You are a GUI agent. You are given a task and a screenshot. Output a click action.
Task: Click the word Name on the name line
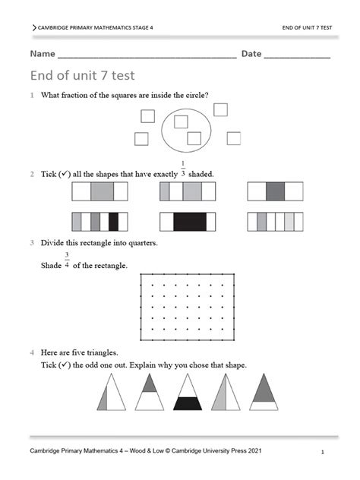pos(43,54)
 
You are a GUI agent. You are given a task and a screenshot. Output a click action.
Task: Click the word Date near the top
pos(251,54)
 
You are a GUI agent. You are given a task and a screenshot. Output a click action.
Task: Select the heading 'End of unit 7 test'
pos(82,75)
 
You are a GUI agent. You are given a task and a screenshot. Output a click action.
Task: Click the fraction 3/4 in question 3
pos(67,260)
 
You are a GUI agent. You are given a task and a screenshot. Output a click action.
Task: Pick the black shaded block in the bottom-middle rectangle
pos(189,221)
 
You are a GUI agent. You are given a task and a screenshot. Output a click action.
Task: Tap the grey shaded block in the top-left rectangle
pos(102,191)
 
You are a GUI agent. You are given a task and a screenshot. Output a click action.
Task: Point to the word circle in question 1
pos(195,95)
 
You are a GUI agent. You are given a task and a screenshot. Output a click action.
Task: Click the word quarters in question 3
pos(141,243)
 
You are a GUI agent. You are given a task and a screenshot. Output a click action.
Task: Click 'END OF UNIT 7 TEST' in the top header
pos(306,27)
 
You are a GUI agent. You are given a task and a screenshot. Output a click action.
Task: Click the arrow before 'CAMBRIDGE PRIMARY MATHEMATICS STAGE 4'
pos(34,27)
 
